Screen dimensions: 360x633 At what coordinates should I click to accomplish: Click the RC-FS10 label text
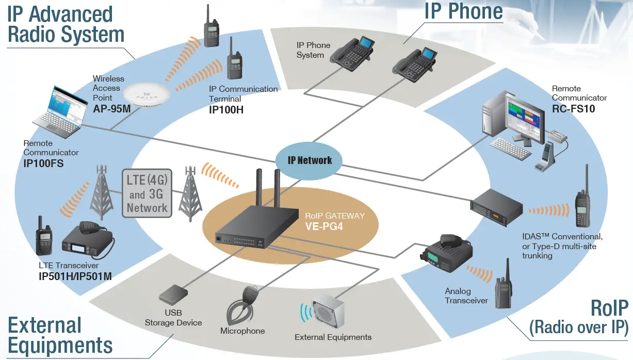[573, 108]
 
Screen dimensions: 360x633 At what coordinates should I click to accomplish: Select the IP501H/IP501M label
[75, 276]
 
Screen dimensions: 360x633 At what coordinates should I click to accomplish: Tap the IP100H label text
[226, 109]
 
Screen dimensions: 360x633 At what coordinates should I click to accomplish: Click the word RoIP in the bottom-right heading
[609, 308]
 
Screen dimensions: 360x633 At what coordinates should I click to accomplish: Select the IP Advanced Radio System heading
[66, 24]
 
